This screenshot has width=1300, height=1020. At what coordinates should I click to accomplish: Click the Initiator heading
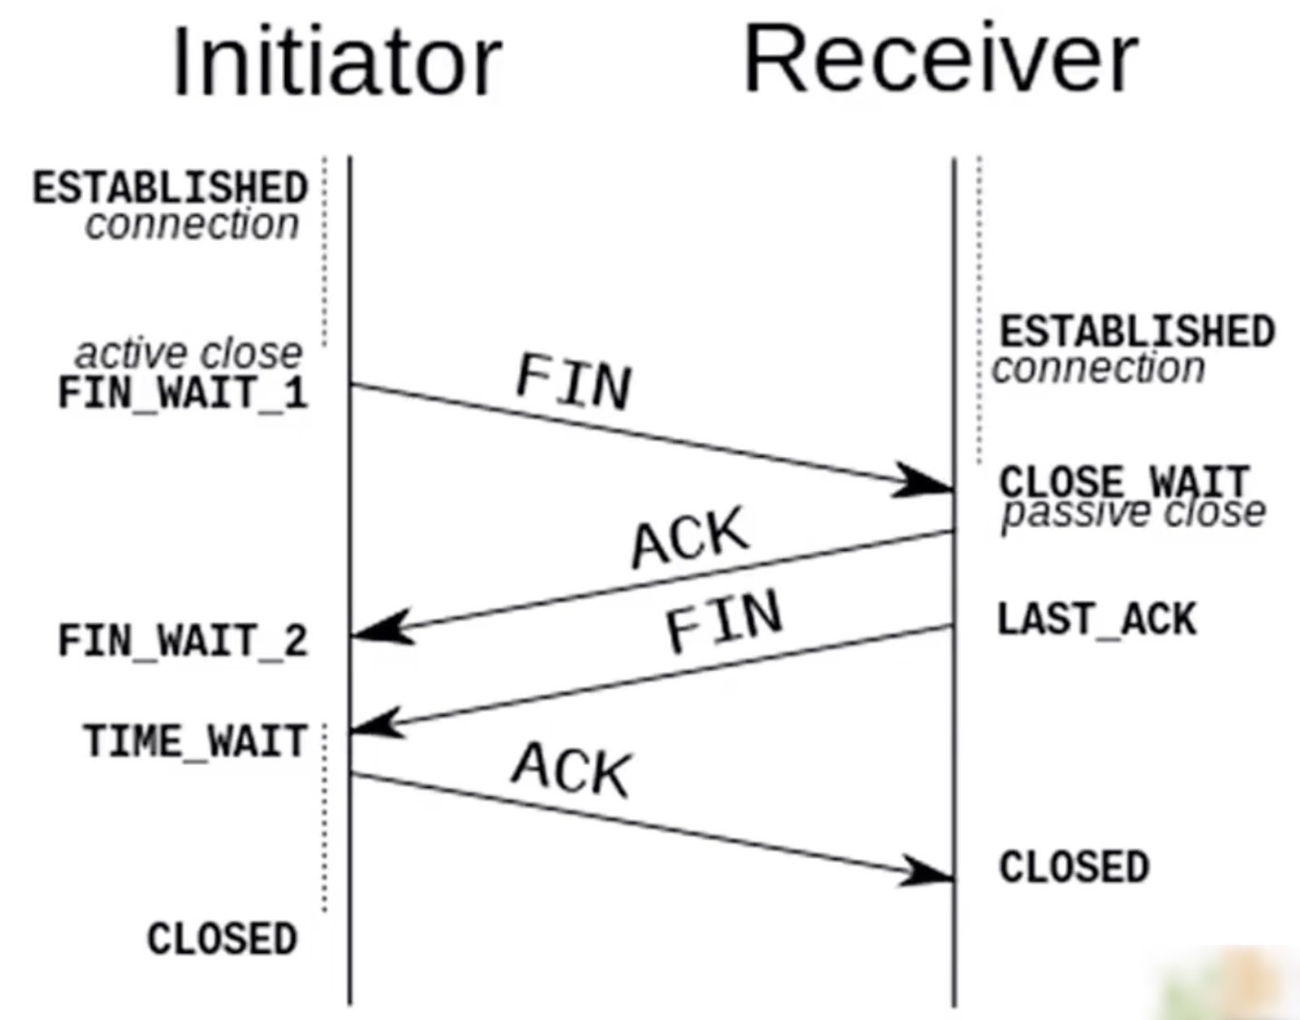point(336,63)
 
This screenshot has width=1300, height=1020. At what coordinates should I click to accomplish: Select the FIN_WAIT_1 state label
point(183,393)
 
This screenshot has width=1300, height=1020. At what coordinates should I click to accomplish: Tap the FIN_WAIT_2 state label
point(183,640)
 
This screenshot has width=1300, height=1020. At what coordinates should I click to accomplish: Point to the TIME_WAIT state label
point(195,741)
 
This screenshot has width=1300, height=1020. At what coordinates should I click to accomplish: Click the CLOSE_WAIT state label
point(1124,481)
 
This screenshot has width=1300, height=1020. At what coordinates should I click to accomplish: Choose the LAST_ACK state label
point(1096,619)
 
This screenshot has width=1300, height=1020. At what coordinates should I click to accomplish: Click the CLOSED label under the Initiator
point(222,939)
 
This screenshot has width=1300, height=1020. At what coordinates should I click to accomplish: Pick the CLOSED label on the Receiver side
point(1074,867)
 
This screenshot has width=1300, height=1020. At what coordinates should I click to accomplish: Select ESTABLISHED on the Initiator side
point(170,188)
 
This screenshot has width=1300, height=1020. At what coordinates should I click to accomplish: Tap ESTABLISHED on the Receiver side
point(1137,332)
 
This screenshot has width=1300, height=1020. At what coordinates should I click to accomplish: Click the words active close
point(188,354)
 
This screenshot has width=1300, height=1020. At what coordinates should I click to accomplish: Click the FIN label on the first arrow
point(574,381)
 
